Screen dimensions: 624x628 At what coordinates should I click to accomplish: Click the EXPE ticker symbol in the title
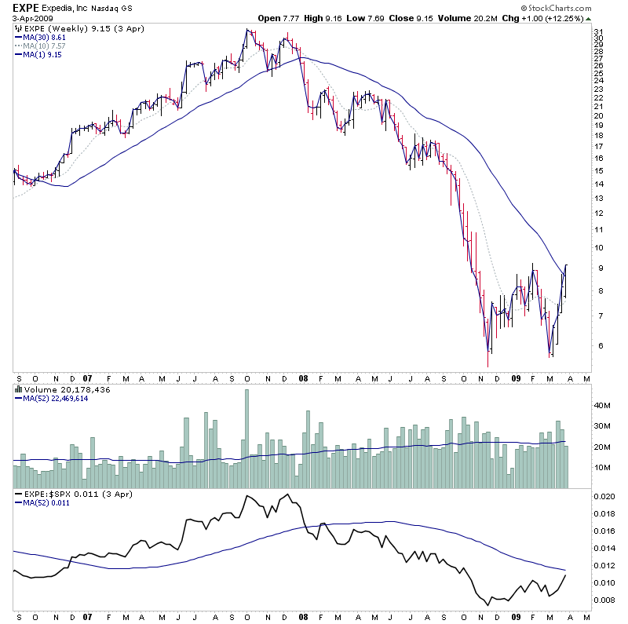[27, 6]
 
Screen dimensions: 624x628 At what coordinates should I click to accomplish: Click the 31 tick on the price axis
[598, 32]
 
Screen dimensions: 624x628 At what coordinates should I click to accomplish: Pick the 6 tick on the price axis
[597, 345]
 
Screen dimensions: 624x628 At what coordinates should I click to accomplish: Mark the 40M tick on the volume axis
[602, 406]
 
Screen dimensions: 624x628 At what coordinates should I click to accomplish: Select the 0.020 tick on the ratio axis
[604, 497]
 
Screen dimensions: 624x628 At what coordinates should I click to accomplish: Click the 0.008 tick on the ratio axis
[604, 600]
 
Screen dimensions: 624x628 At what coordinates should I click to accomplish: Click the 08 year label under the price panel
[303, 378]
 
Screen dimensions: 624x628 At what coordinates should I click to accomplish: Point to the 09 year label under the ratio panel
[515, 617]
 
